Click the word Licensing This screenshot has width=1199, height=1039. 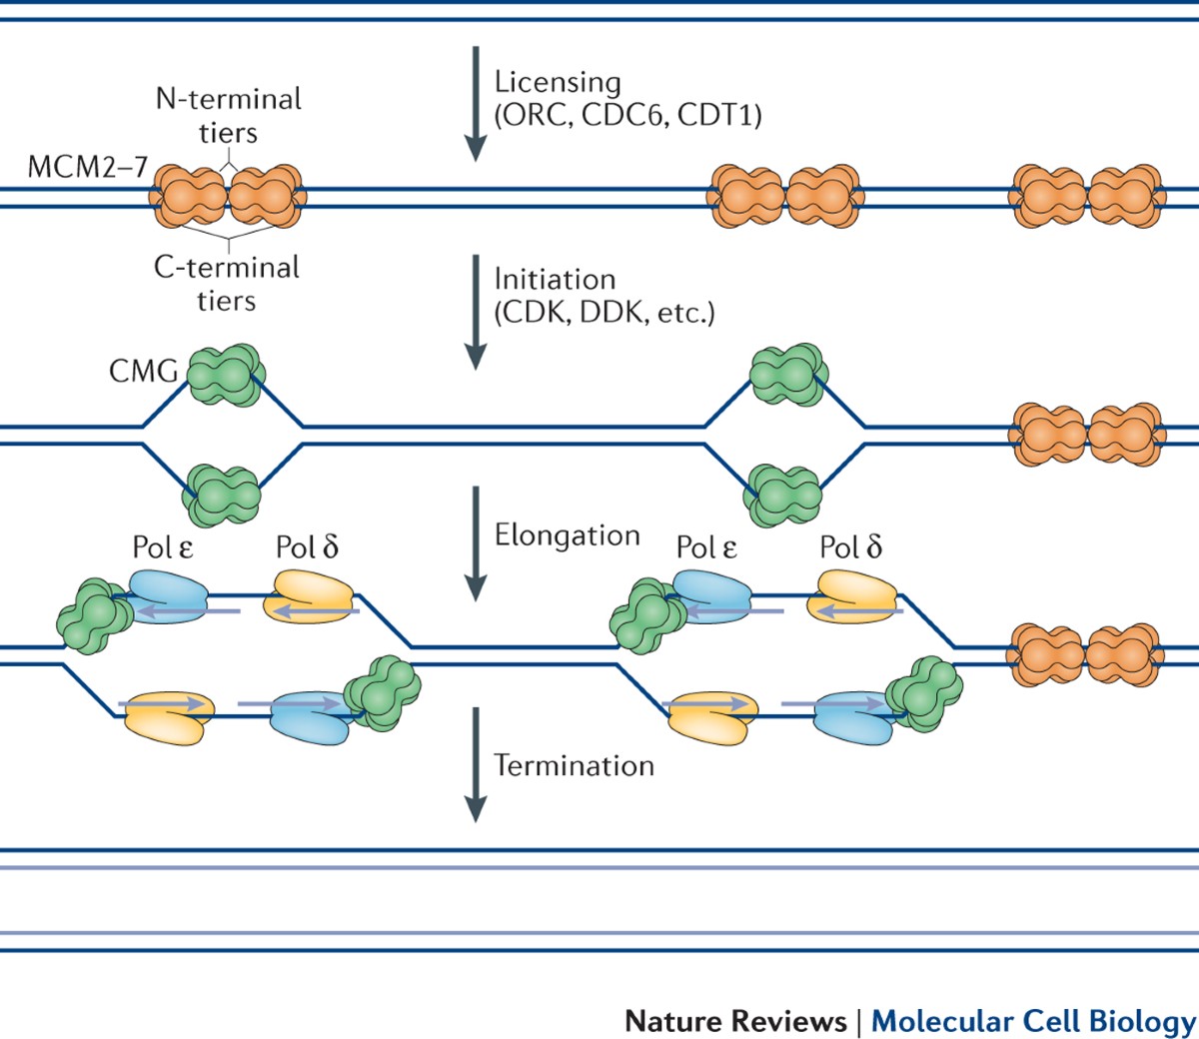(558, 83)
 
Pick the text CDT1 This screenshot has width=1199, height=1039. (716, 116)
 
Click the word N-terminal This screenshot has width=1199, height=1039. (228, 99)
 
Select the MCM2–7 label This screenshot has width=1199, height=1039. (87, 166)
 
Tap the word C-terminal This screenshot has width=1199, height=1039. (226, 268)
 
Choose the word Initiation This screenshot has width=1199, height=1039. (555, 280)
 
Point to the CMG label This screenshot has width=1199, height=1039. (143, 372)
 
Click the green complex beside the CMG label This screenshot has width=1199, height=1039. (225, 376)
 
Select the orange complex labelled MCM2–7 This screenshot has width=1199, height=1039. (229, 197)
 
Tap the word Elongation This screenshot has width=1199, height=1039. (567, 535)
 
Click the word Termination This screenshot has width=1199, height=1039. (574, 766)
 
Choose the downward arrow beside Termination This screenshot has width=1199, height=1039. (476, 764)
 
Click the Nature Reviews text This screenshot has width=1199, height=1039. (735, 1021)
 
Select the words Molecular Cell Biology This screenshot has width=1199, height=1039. (1033, 1021)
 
